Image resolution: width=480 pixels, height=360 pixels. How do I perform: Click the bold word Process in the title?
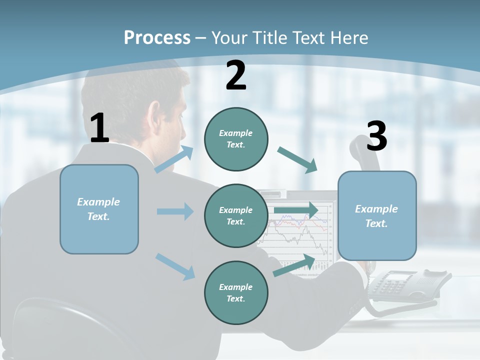tap(157, 37)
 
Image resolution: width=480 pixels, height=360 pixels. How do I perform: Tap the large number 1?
tap(99, 128)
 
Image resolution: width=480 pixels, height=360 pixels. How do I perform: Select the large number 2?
tap(236, 75)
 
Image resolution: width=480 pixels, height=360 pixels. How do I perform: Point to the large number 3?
tap(376, 136)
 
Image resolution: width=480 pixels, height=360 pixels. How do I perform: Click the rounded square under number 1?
tap(99, 209)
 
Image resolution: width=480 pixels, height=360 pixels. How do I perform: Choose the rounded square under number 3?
tap(377, 216)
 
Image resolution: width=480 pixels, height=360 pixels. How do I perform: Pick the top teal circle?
tap(236, 139)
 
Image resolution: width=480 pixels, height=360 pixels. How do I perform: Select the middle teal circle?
tap(236, 216)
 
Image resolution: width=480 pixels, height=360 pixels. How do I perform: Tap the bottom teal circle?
tap(236, 293)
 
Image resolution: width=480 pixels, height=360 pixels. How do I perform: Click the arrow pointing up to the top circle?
tap(174, 159)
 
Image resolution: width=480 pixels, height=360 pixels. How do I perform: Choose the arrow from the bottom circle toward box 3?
tap(294, 265)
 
